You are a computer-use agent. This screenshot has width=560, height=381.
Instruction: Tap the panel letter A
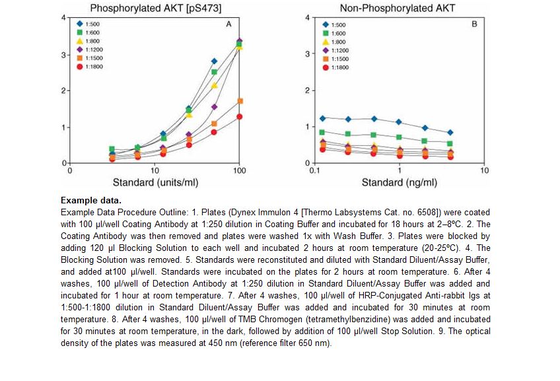point(228,24)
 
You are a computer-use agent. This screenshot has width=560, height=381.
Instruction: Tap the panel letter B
point(475,24)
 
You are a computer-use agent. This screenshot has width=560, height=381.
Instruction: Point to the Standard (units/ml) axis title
point(154,182)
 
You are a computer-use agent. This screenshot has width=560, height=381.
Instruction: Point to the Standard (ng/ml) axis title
point(399,182)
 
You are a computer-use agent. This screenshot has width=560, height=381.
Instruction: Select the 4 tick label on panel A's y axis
point(64,17)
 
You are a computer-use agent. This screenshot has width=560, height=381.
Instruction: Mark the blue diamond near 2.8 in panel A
point(214,61)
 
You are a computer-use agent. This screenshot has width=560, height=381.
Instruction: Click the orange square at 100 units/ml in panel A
point(240,101)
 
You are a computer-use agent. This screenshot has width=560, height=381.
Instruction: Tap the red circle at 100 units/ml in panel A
point(240,117)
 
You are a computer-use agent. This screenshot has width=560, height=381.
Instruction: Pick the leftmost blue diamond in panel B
point(322,119)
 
